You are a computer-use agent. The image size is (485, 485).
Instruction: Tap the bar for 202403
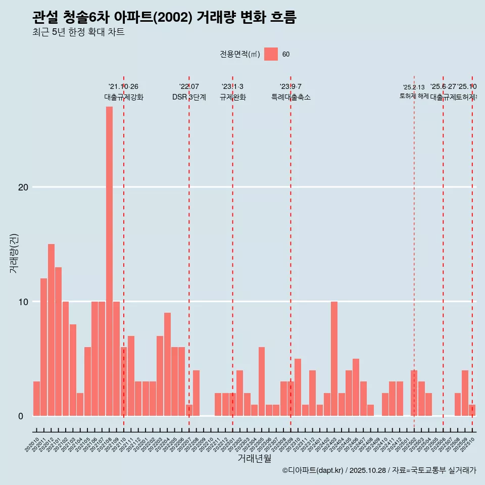[334, 359]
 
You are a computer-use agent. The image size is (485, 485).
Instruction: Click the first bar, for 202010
[36, 399]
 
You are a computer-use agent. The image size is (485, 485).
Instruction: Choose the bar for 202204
[167, 364]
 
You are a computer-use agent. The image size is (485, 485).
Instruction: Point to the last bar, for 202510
[472, 410]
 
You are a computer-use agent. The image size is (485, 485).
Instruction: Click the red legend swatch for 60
[271, 54]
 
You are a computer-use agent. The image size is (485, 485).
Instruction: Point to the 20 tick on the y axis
[23, 187]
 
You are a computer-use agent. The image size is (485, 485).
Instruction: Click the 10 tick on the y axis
[23, 302]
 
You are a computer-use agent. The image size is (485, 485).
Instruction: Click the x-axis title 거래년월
[254, 459]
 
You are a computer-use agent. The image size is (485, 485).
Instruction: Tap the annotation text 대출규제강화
[124, 97]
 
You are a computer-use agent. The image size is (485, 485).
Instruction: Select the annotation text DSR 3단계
[189, 97]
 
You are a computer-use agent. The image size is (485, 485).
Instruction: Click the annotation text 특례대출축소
[290, 97]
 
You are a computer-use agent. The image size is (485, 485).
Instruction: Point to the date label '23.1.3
[232, 86]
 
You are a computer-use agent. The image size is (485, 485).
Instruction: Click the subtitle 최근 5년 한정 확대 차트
[78, 32]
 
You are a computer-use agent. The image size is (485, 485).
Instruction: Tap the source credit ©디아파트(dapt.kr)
[313, 470]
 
